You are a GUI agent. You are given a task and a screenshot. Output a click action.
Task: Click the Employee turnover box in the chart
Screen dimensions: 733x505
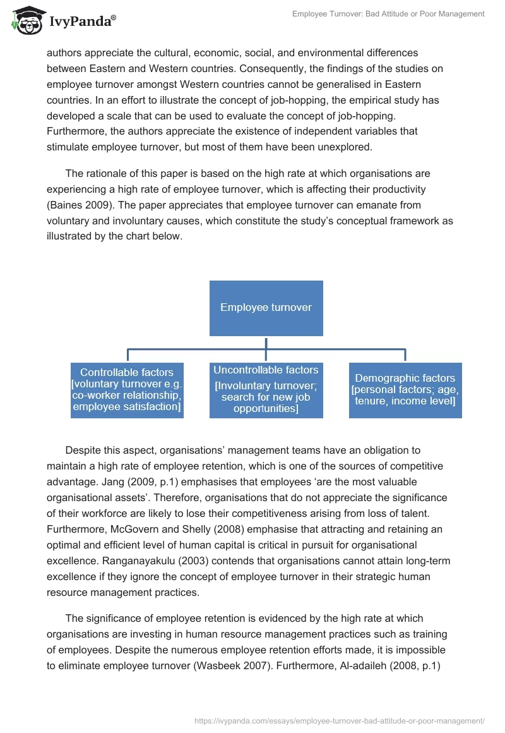[x=266, y=308]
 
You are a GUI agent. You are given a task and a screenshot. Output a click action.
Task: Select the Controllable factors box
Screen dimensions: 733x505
[x=127, y=389]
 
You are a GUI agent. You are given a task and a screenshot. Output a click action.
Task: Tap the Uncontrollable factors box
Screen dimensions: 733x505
[x=266, y=389]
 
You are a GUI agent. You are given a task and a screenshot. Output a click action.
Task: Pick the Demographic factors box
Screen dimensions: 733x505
[x=405, y=389]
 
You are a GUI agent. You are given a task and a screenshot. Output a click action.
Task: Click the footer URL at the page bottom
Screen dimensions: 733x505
[x=340, y=720]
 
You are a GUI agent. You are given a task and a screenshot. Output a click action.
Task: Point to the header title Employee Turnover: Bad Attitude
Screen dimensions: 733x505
[x=388, y=14]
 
